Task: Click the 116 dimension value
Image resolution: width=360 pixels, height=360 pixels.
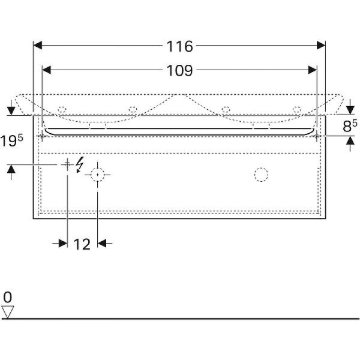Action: click(x=179, y=46)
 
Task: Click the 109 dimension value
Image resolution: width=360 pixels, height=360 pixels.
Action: click(x=179, y=70)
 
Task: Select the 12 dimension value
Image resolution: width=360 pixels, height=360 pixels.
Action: click(x=82, y=244)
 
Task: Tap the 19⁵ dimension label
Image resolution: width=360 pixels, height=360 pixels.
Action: click(x=11, y=140)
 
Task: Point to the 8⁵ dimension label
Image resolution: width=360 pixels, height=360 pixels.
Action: click(x=350, y=125)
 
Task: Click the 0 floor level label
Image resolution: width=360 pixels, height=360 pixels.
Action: click(x=8, y=298)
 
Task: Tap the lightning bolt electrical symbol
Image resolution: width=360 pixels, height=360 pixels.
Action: click(x=80, y=164)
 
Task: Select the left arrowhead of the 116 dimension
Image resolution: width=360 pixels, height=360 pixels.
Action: click(x=38, y=45)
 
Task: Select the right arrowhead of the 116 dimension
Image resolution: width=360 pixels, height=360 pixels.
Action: click(x=321, y=45)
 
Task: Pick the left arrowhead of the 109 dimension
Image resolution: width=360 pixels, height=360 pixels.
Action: click(x=47, y=70)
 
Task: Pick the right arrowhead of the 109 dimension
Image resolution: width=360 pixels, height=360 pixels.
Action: click(x=313, y=70)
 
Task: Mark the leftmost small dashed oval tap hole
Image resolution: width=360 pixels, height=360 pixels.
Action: click(x=62, y=110)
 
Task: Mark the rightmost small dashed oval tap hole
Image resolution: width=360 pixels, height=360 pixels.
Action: click(x=297, y=109)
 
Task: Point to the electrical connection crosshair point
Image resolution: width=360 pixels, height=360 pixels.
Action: click(x=67, y=164)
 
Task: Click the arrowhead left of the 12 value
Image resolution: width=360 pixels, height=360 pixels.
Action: click(x=63, y=243)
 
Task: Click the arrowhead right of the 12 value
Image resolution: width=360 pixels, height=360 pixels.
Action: click(x=102, y=243)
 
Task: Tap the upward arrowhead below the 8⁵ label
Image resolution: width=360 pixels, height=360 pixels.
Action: click(x=350, y=140)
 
